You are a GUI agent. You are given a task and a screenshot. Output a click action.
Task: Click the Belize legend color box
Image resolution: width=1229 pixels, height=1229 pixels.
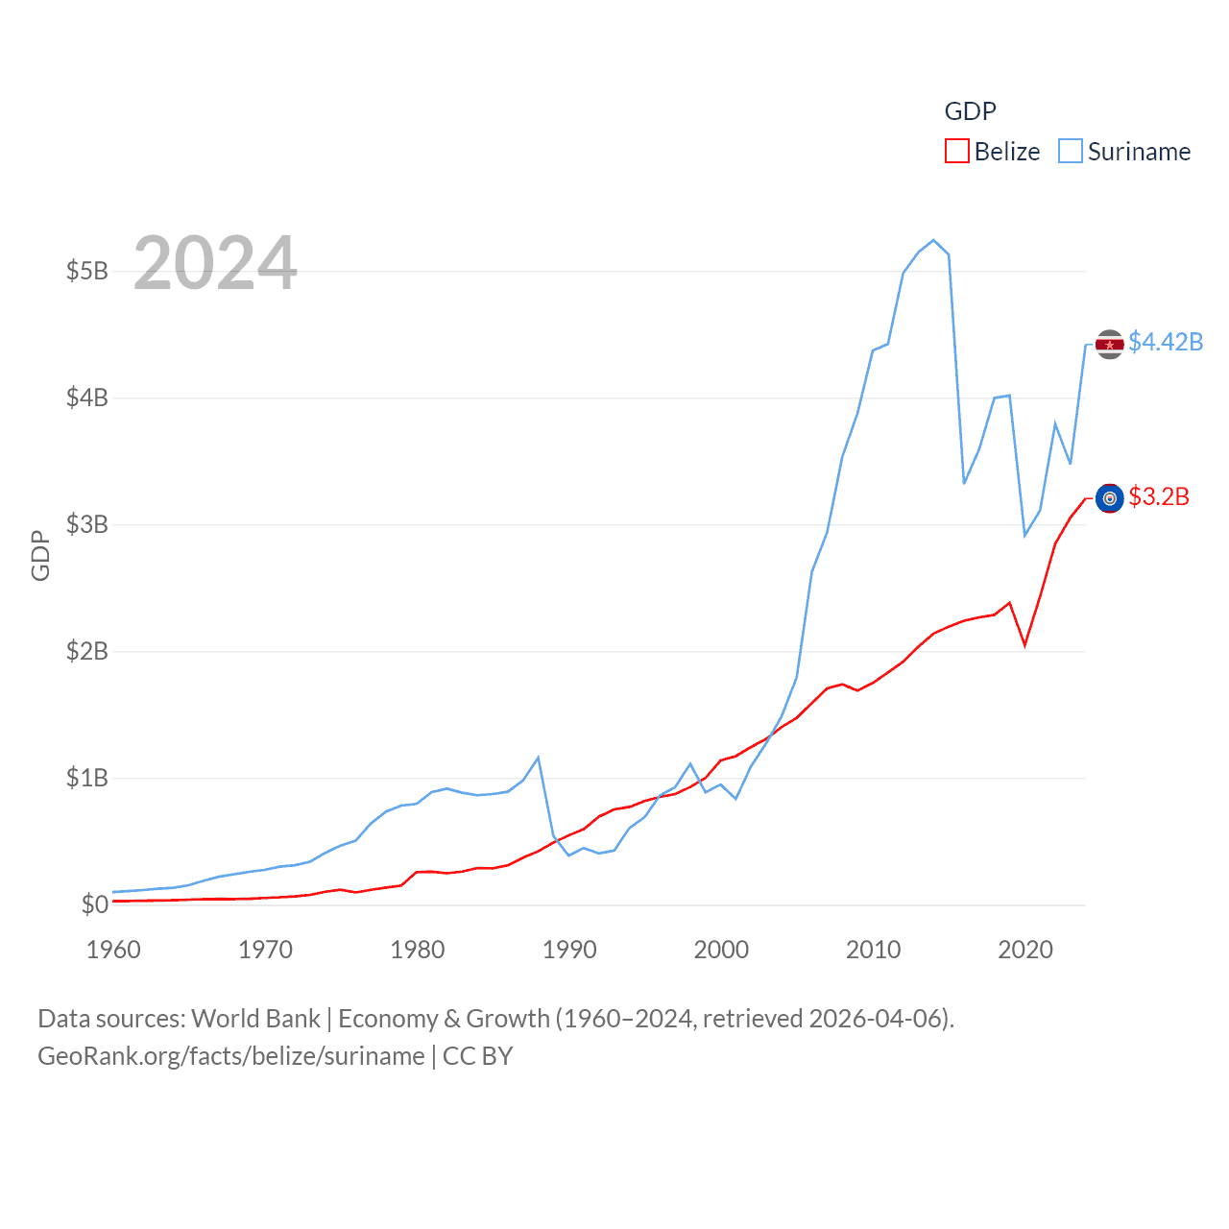(957, 152)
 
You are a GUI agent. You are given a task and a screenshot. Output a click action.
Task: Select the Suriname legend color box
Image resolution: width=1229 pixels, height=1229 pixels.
(1071, 152)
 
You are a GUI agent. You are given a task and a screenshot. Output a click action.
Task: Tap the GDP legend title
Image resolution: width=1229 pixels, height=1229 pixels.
(970, 111)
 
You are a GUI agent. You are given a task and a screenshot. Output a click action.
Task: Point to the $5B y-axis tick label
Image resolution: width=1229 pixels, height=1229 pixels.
(86, 271)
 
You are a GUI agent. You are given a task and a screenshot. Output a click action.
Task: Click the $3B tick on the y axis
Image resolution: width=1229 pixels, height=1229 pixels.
(86, 524)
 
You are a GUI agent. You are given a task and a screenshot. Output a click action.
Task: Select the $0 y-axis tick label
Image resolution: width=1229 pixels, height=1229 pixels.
(94, 904)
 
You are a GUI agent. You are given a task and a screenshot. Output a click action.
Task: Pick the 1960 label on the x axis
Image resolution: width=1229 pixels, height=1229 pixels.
(113, 950)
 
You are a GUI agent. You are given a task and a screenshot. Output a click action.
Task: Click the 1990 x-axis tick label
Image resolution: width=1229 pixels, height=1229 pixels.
(569, 950)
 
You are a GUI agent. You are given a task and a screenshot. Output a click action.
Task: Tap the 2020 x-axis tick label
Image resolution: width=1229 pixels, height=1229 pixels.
(1025, 950)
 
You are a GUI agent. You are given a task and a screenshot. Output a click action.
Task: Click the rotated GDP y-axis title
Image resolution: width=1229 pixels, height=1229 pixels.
(40, 555)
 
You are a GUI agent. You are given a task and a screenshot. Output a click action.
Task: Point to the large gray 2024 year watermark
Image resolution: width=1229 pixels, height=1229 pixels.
(215, 263)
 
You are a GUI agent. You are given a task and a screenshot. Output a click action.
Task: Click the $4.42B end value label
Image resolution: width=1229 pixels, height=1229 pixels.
(1166, 342)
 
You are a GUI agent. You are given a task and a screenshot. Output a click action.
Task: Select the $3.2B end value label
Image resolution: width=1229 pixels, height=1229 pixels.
(1159, 496)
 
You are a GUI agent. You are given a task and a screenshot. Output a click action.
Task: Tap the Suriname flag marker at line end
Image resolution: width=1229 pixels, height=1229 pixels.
(1110, 344)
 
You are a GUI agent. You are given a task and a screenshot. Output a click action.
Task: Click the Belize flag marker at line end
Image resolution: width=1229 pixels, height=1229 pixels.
(1110, 498)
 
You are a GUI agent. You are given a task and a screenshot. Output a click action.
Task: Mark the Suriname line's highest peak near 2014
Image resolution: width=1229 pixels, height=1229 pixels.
(933, 240)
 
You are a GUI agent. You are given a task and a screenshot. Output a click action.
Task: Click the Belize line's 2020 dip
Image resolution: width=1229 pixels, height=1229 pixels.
(1025, 645)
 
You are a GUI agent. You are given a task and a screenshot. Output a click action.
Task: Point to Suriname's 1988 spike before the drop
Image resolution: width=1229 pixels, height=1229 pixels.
(538, 758)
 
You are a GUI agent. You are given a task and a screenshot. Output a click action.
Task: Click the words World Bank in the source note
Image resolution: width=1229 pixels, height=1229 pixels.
(255, 1019)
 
